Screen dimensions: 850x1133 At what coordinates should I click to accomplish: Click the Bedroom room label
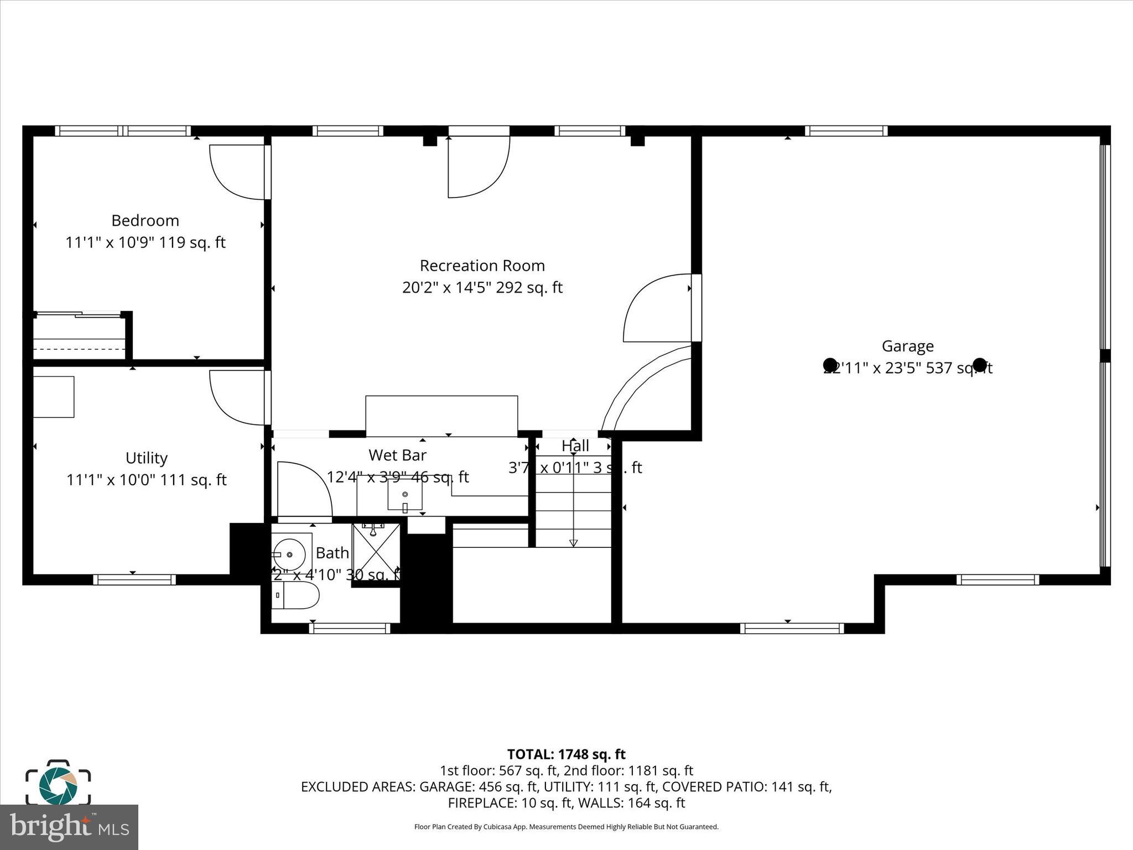click(145, 221)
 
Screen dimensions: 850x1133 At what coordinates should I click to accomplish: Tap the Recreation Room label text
click(482, 266)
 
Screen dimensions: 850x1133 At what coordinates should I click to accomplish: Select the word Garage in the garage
click(907, 346)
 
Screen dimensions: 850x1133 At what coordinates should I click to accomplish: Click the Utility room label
click(146, 458)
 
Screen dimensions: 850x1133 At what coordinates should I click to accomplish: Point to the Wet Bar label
click(397, 455)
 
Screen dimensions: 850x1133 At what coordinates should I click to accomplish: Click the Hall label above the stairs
click(575, 446)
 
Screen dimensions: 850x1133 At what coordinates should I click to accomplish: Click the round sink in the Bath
click(289, 554)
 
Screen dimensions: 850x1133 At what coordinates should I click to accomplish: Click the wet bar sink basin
click(404, 494)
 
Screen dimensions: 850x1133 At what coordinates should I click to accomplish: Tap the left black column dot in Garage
click(830, 365)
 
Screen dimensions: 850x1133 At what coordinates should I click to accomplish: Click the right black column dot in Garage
click(979, 365)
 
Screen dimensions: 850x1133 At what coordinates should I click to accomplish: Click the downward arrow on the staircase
click(573, 542)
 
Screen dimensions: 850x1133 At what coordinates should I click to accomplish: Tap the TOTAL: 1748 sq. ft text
click(566, 754)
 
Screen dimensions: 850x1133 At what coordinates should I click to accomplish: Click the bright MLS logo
click(69, 827)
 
